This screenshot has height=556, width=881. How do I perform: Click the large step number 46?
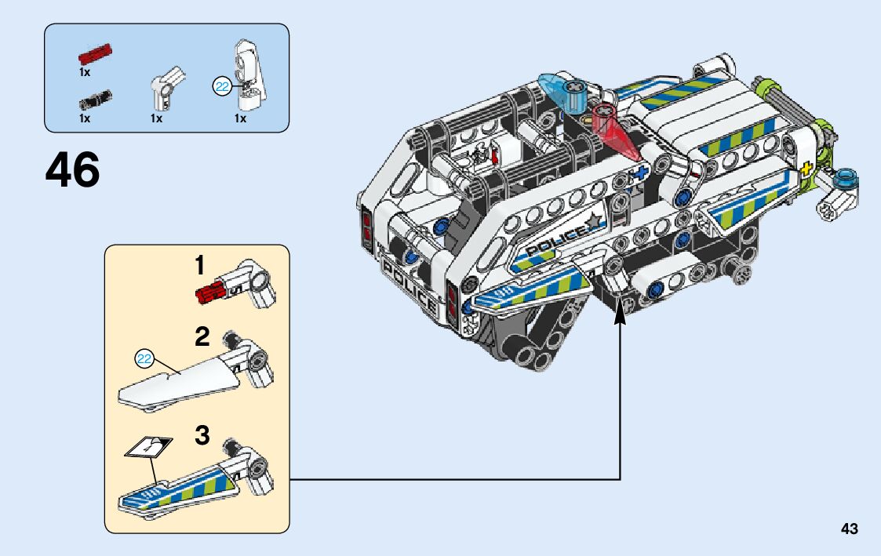72,169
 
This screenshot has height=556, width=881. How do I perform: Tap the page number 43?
850,529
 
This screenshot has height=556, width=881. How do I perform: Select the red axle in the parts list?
95,54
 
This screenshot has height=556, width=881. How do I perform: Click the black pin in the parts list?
95,100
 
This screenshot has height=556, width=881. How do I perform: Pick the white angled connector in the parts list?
167,88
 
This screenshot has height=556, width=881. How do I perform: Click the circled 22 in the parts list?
222,86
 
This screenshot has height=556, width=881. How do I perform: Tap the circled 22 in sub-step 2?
144,358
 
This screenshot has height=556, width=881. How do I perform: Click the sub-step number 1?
199,266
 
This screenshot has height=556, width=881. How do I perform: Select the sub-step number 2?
202,337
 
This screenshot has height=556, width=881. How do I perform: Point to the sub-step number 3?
202,435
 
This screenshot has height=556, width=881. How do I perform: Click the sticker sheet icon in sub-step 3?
148,446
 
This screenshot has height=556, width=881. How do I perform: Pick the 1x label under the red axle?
84,72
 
